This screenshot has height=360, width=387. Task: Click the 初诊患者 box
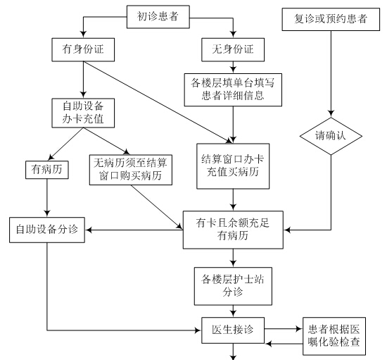click(x=158, y=17)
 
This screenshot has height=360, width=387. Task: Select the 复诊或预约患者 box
click(x=331, y=19)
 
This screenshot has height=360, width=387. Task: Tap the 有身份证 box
click(x=83, y=49)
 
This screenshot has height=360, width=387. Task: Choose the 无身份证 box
click(x=233, y=49)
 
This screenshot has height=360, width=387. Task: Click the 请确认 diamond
click(x=331, y=136)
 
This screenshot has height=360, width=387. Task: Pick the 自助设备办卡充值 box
click(x=83, y=113)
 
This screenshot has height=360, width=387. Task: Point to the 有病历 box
click(x=47, y=170)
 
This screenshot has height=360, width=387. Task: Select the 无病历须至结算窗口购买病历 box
click(x=131, y=170)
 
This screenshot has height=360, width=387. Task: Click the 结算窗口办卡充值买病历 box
click(x=233, y=166)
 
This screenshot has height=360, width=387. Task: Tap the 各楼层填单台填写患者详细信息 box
click(x=233, y=89)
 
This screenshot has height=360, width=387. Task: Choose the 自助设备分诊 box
click(x=47, y=230)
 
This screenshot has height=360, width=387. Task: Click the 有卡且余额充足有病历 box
click(x=233, y=230)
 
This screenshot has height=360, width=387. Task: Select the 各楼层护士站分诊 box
click(x=233, y=286)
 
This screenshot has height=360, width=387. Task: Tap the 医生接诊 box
click(x=233, y=330)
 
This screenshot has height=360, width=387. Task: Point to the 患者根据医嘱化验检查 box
click(x=334, y=336)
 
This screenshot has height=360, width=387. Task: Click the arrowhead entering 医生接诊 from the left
click(x=198, y=330)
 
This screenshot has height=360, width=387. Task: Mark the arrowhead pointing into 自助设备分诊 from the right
click(x=89, y=230)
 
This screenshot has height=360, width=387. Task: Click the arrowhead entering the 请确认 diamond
click(x=331, y=114)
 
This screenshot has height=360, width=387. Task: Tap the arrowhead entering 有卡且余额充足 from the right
click(x=287, y=230)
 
